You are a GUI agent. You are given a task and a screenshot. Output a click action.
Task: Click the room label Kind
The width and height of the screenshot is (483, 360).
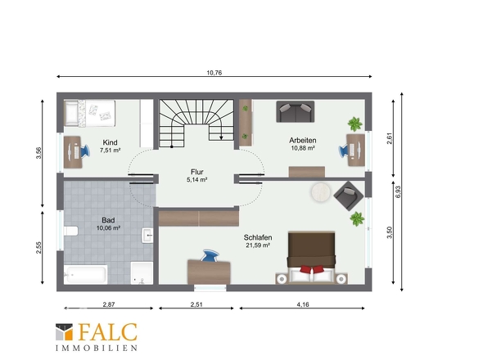pyautogui.click(x=110, y=142)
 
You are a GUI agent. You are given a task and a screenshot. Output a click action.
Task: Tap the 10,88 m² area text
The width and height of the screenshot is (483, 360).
pyautogui.click(x=303, y=148)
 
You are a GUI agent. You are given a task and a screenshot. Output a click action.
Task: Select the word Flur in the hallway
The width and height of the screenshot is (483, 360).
pyautogui.click(x=197, y=172)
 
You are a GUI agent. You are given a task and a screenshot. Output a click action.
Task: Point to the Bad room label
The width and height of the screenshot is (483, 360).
pyautogui.click(x=108, y=220)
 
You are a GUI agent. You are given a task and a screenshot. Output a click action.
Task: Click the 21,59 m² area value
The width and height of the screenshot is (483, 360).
pyautogui.click(x=258, y=245)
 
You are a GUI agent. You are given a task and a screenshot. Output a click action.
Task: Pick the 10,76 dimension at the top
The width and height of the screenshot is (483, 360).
pyautogui.click(x=214, y=73)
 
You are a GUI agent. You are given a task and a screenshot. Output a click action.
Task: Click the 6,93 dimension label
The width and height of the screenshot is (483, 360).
pyautogui.click(x=398, y=191)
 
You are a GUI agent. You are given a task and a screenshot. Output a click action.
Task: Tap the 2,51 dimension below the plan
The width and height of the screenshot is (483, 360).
pyautogui.click(x=196, y=304)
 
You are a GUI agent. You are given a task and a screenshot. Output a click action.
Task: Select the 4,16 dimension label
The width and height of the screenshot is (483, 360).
pyautogui.click(x=303, y=304)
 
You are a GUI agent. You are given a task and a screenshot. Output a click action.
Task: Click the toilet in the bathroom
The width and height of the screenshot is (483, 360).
pyautogui.click(x=71, y=231)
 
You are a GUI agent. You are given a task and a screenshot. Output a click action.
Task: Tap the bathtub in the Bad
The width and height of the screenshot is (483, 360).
pyautogui.click(x=86, y=274)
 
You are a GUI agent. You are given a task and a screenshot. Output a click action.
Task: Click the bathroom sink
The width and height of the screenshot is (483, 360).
pyautogui.click(x=147, y=236)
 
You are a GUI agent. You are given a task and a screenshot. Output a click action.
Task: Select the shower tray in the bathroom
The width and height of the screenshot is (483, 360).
pyautogui.click(x=142, y=272)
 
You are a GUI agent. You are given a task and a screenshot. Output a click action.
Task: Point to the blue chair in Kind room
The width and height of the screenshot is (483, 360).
pyautogui.click(x=84, y=151)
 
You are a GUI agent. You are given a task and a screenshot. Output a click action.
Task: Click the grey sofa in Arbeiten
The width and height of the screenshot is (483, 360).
pyautogui.click(x=296, y=111)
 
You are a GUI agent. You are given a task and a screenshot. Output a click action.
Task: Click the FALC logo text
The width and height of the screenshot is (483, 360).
pyautogui.click(x=107, y=332)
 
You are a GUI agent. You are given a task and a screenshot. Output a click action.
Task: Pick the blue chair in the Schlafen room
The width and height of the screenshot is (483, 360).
pyautogui.click(x=210, y=256)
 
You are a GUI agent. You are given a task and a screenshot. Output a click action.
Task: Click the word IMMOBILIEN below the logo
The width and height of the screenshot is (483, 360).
pyautogui.click(x=97, y=348)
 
